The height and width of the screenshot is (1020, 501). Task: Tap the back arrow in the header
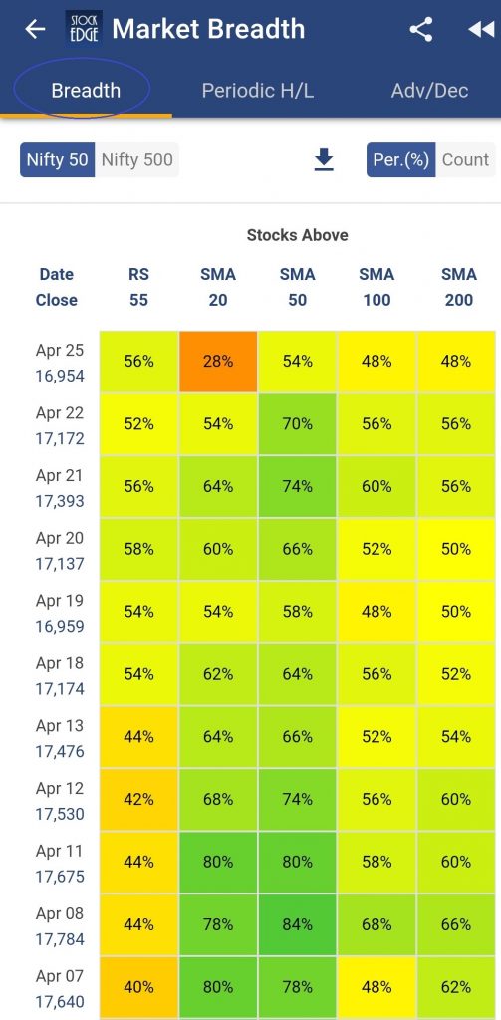[35, 29]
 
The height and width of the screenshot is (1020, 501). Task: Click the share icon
[421, 29]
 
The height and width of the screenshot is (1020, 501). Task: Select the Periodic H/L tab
[258, 90]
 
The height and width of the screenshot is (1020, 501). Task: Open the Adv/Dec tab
[429, 90]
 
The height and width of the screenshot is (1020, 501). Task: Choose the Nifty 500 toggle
[137, 160]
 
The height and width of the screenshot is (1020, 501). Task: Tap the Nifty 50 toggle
[57, 160]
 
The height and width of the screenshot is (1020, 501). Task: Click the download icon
[324, 160]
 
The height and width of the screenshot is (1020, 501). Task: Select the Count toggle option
[465, 160]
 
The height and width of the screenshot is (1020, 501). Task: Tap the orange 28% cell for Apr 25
[218, 362]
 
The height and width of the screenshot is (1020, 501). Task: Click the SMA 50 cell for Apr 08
[298, 924]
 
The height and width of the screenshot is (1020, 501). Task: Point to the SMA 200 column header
[459, 287]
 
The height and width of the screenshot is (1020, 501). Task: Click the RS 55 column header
[138, 287]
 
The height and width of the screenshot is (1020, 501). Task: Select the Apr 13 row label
[60, 738]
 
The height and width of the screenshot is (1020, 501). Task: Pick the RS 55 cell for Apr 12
[138, 799]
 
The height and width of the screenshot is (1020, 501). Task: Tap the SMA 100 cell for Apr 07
[376, 987]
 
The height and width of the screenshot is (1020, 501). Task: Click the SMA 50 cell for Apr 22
[298, 424]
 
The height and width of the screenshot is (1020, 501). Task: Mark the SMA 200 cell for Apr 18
[456, 674]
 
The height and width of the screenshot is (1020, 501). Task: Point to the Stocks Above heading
[298, 235]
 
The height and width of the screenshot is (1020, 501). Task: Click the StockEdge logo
[84, 29]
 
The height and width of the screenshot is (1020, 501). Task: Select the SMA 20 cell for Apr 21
[218, 486]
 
